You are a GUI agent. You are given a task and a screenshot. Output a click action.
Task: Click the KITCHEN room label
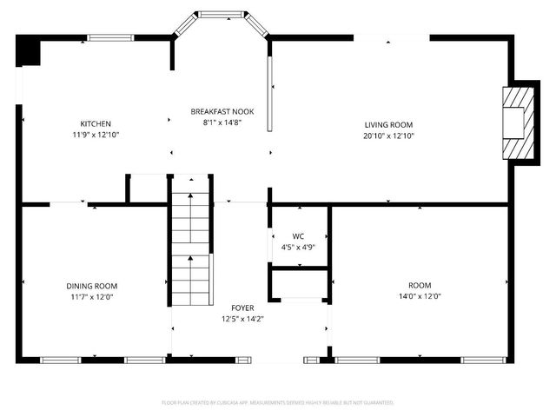pyautogui.click(x=96, y=123)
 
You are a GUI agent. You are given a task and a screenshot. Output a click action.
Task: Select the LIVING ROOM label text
pyautogui.click(x=387, y=124)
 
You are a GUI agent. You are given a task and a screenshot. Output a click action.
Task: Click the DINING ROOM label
pyautogui.click(x=92, y=286)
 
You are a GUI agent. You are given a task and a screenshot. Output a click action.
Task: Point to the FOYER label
pyautogui.click(x=242, y=308)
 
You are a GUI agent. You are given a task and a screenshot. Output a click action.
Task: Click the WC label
pyautogui.click(x=298, y=235)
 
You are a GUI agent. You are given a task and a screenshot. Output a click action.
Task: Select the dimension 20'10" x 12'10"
pyautogui.click(x=388, y=136)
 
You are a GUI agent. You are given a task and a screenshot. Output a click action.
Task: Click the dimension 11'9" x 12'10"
pyautogui.click(x=96, y=135)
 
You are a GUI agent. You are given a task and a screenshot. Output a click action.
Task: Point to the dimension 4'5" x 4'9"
pyautogui.click(x=298, y=247)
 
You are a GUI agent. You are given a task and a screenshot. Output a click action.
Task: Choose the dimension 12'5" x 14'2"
pyautogui.click(x=242, y=320)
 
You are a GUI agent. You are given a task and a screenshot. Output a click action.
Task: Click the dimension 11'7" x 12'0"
pyautogui.click(x=92, y=297)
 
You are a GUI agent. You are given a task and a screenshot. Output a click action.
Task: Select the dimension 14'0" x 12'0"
pyautogui.click(x=420, y=297)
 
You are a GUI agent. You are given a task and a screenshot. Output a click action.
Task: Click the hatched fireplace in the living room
pyautogui.click(x=517, y=122)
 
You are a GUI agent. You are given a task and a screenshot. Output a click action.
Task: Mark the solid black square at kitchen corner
pyautogui.click(x=30, y=50)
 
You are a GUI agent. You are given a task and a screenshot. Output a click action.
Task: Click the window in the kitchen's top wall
pyautogui.click(x=110, y=37)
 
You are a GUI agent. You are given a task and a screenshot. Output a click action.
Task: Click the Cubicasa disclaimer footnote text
pyautogui.click(x=278, y=403)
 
